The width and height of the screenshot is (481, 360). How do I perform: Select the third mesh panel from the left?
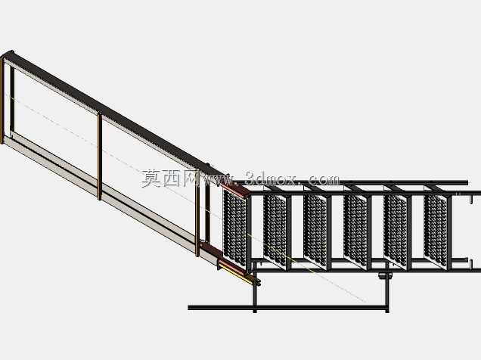[x=315, y=230]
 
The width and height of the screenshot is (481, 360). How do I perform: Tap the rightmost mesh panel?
[x=436, y=230]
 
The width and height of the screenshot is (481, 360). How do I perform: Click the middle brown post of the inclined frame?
[x=100, y=157]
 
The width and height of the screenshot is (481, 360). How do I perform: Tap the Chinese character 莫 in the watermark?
[x=151, y=178]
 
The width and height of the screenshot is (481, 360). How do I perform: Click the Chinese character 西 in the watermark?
[x=172, y=178]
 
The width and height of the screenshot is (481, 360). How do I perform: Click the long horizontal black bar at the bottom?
[x=288, y=307]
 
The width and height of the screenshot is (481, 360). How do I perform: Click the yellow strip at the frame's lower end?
[x=237, y=275]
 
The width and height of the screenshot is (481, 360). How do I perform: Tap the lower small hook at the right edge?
[x=470, y=262]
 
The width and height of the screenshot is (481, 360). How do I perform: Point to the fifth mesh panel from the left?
[x=396, y=230]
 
